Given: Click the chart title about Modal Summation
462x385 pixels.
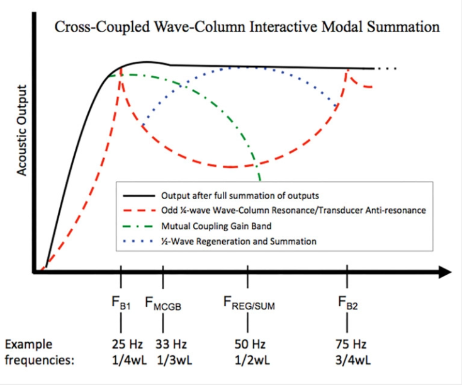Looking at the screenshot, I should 246,27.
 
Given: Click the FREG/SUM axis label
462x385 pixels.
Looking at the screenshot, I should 250,306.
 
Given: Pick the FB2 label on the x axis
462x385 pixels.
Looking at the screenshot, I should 347,306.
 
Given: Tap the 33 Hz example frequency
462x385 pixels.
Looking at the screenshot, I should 163,345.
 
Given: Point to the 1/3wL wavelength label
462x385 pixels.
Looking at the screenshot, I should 163,360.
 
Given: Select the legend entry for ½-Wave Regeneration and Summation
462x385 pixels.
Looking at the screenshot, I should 239,241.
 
